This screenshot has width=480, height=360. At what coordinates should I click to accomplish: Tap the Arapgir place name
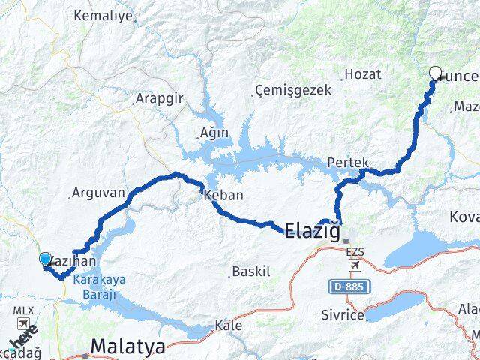pyautogui.click(x=157, y=98)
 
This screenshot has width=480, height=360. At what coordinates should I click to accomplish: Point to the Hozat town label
pyautogui.click(x=362, y=74)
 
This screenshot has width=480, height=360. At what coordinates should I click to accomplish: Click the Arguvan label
pyautogui.click(x=97, y=193)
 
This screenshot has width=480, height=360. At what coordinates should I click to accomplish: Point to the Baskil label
pyautogui.click(x=251, y=271)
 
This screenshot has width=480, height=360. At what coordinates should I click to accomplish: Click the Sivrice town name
pyautogui.click(x=344, y=316)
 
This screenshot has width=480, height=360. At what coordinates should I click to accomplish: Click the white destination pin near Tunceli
pyautogui.click(x=435, y=73)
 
